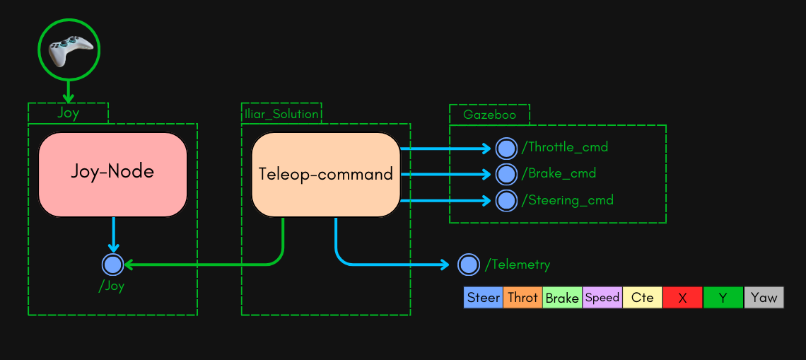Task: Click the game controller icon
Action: click(x=69, y=50)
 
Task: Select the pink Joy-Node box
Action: click(x=112, y=174)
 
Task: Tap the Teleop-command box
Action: click(x=326, y=174)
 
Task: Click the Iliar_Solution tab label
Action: click(x=281, y=114)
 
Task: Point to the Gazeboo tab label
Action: click(x=489, y=115)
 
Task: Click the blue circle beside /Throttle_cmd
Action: click(x=506, y=148)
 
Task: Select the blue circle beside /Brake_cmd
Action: click(x=506, y=174)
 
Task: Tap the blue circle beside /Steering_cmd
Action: click(x=506, y=200)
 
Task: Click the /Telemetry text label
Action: click(x=518, y=265)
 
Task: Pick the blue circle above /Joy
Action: click(x=113, y=265)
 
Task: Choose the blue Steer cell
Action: click(x=484, y=298)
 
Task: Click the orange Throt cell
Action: click(x=523, y=298)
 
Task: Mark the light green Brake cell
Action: click(x=562, y=298)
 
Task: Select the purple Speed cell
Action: click(x=602, y=298)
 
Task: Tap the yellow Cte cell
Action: click(x=642, y=298)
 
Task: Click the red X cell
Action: click(x=682, y=298)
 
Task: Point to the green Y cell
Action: click(x=723, y=298)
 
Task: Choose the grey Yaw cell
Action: click(x=764, y=298)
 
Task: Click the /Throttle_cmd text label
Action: click(x=565, y=148)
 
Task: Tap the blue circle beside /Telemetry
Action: click(x=469, y=265)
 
